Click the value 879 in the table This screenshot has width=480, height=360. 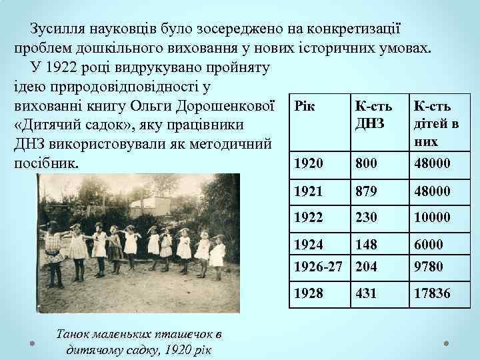[366, 191]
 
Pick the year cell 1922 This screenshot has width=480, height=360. [307, 217]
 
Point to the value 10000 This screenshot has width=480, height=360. [431, 217]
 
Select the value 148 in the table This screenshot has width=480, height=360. [366, 246]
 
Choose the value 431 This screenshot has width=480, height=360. [366, 293]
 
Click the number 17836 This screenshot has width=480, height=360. [431, 293]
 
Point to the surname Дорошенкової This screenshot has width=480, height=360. [226, 106]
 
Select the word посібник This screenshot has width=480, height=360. [46, 163]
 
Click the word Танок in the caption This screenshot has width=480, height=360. [71, 333]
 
